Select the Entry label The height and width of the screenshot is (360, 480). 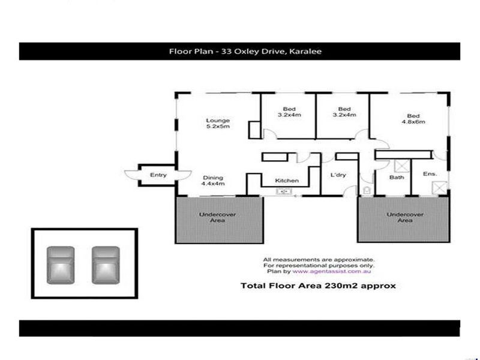(158, 175)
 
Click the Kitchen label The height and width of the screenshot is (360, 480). (287, 180)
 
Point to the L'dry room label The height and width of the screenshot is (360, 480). (338, 175)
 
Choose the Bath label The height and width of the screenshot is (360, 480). (397, 177)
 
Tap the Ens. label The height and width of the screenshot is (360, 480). (430, 174)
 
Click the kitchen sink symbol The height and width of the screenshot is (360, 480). (284, 192)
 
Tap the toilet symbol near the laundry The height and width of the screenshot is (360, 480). (367, 190)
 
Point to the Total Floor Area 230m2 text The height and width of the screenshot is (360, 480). (318, 286)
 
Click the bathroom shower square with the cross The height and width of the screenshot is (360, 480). (401, 166)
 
